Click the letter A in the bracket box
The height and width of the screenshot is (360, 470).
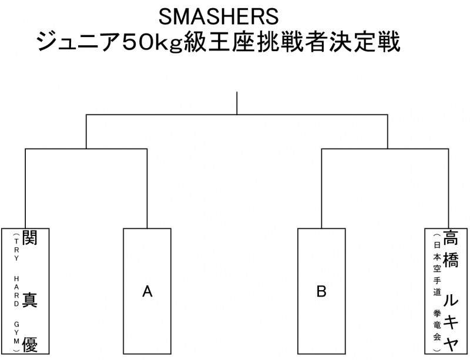coord(147,291)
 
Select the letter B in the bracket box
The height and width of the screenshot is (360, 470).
coord(321,291)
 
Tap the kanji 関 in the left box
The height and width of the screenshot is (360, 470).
coord(30,238)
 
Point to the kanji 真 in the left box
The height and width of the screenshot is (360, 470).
coord(30,300)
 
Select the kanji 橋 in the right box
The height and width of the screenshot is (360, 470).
coord(451,258)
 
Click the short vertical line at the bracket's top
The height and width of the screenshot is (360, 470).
coord(237,103)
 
